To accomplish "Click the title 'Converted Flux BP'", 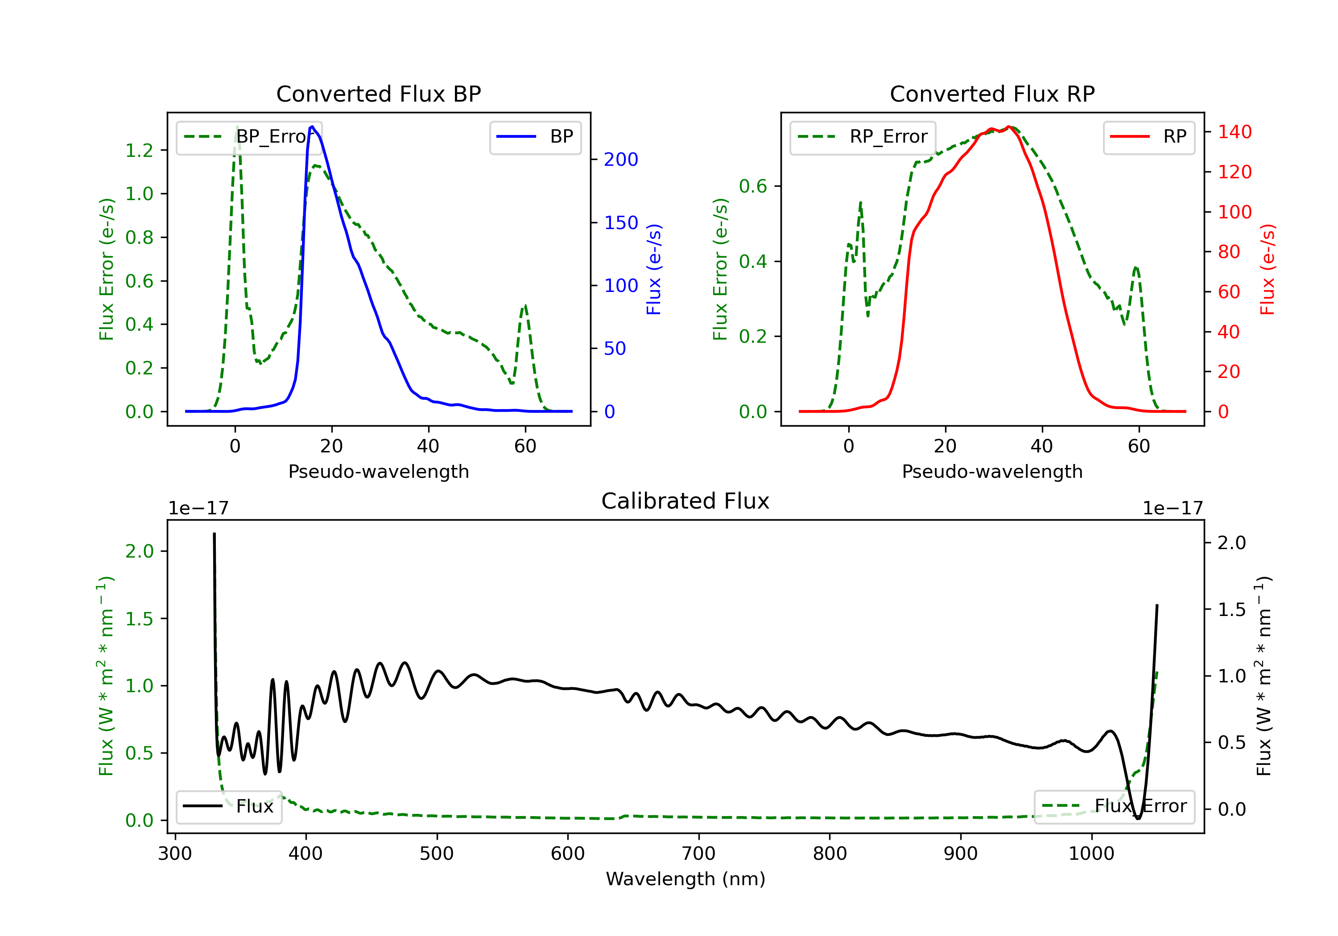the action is click(378, 94).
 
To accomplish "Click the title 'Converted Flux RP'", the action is click(992, 94).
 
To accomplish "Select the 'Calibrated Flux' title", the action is click(686, 501).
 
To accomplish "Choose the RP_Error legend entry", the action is click(863, 136).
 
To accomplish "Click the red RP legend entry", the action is click(1148, 136).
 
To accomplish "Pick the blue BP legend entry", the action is click(535, 136).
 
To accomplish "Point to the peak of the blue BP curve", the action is click(312, 127).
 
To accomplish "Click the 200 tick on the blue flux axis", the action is click(621, 159).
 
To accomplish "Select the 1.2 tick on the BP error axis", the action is click(139, 150).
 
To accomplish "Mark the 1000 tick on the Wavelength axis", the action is click(1091, 854).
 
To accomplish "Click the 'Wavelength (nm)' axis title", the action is click(686, 879).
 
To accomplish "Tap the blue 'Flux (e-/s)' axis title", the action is click(654, 270).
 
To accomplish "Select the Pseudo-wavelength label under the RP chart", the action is click(992, 471).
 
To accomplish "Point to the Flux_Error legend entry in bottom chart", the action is click(1114, 806).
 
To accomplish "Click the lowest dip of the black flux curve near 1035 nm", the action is click(1138, 818).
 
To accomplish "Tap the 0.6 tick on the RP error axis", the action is click(753, 186).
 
